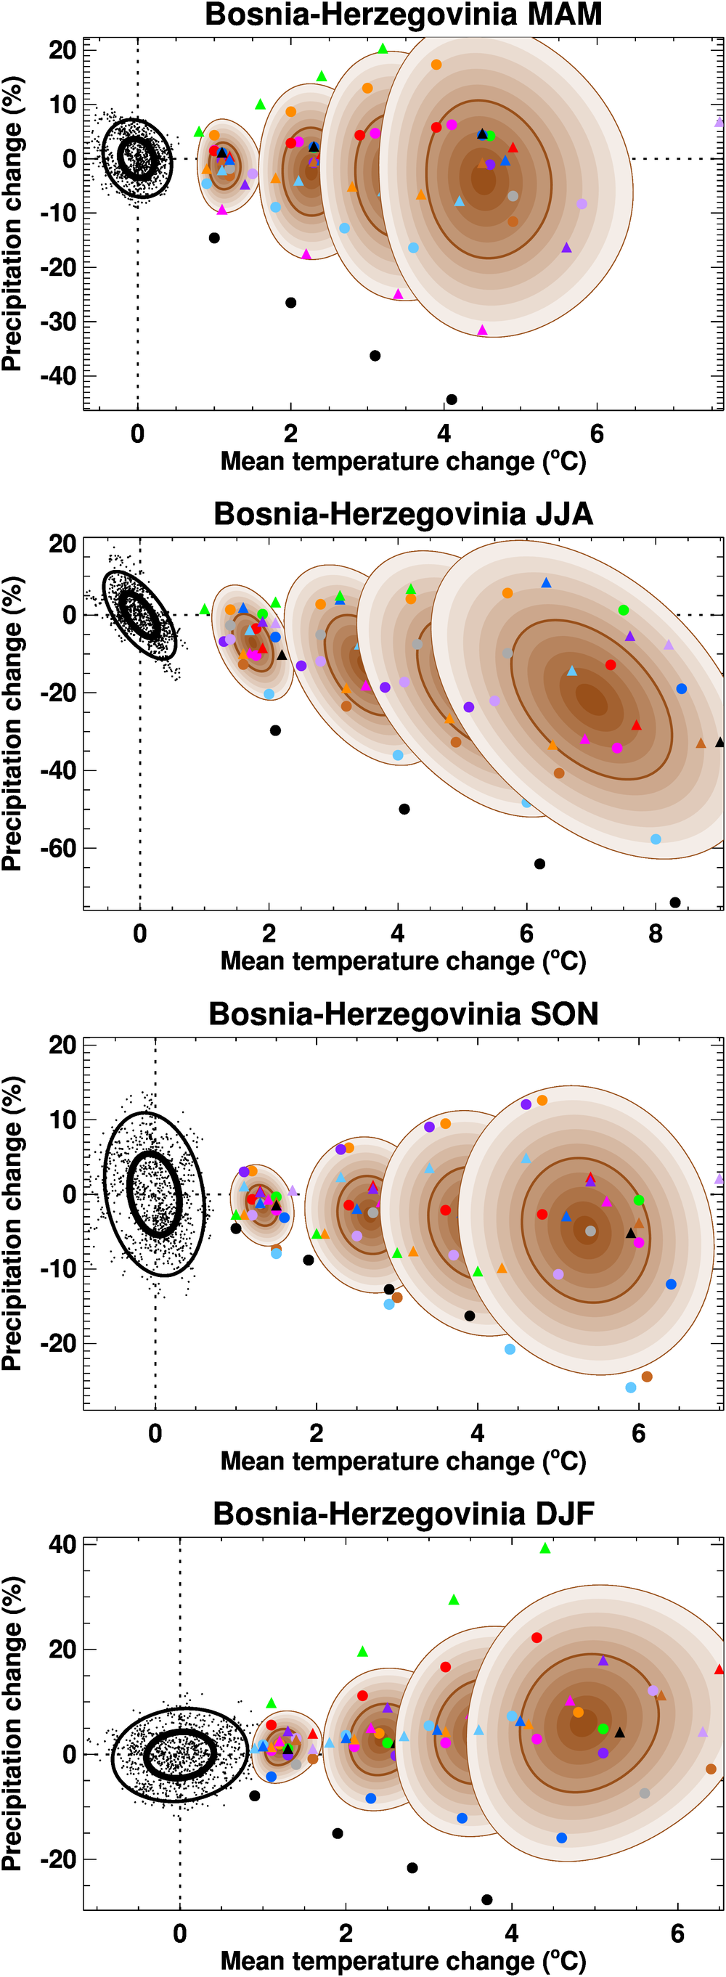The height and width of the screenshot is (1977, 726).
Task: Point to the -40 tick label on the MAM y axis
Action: [x=58, y=376]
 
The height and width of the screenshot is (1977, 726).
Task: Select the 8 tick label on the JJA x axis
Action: [x=656, y=933]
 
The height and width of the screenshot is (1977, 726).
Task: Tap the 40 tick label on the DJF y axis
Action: [x=62, y=1544]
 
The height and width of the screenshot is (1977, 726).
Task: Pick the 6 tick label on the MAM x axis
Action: [x=597, y=433]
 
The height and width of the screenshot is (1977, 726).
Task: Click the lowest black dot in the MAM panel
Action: [x=452, y=399]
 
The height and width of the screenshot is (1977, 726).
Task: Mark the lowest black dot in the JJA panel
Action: [x=675, y=902]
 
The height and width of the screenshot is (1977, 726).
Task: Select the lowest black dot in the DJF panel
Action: [x=486, y=1899]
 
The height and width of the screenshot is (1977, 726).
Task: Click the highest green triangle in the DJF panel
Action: [x=545, y=1549]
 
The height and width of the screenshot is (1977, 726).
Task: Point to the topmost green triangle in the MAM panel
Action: [x=383, y=49]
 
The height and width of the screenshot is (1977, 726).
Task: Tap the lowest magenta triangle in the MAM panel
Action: [x=482, y=330]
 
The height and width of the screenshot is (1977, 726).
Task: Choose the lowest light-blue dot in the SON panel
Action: [x=631, y=1387]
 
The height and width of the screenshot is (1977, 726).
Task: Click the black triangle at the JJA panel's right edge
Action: [x=720, y=742]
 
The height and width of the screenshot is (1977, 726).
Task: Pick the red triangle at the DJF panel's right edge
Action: [x=719, y=1669]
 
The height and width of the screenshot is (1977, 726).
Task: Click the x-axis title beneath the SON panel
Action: [x=403, y=1462]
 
